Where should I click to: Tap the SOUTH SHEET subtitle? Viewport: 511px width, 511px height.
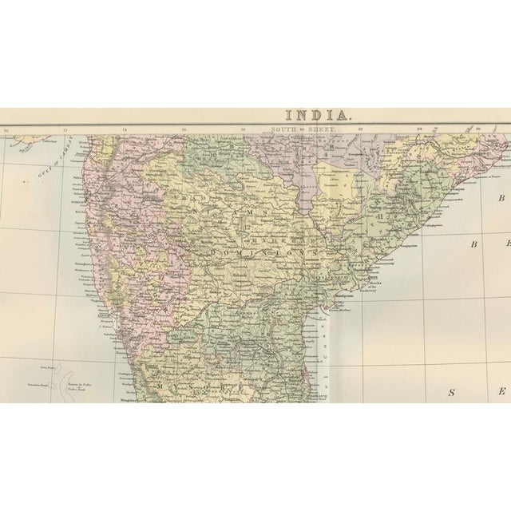point(303,129)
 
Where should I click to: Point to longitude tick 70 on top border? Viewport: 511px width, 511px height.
point(6,129)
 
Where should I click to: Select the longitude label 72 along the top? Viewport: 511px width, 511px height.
point(65,129)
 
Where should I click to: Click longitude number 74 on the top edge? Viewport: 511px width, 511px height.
point(125,129)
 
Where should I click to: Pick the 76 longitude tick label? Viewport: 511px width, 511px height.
point(184,129)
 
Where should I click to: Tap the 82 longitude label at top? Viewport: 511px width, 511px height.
point(361,129)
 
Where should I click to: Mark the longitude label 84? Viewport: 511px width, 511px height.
point(420,129)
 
